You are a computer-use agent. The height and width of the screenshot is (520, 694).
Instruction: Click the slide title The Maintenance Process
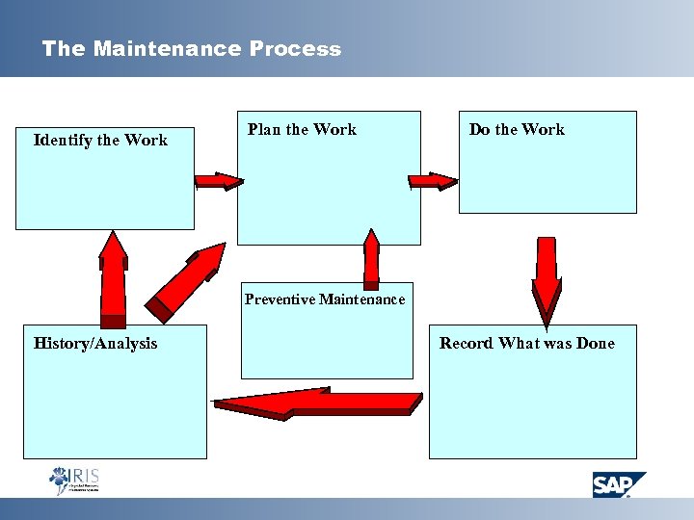[191, 49]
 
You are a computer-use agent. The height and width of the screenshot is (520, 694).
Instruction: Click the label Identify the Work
[100, 141]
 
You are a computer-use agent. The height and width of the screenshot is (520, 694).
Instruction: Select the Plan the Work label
[302, 130]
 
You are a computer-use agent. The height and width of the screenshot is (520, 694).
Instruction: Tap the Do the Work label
[517, 130]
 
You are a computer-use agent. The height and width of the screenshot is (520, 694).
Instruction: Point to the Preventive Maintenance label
[325, 299]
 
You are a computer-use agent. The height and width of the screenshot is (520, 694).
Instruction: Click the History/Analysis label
[95, 344]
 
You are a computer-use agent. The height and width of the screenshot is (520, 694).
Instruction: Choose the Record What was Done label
[526, 344]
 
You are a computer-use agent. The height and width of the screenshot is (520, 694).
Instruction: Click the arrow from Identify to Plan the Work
[219, 181]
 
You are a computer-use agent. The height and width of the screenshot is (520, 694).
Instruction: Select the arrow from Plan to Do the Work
[432, 181]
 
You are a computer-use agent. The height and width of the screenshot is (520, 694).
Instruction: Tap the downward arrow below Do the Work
[546, 279]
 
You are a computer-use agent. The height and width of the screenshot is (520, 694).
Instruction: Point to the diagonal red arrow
[190, 281]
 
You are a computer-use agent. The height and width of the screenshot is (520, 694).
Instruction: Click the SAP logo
[618, 484]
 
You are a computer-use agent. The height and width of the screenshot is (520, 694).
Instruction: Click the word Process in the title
[295, 49]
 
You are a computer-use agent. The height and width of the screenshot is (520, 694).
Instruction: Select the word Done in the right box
[595, 344]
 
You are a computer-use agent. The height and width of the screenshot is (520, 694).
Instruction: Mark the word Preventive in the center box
[280, 299]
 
